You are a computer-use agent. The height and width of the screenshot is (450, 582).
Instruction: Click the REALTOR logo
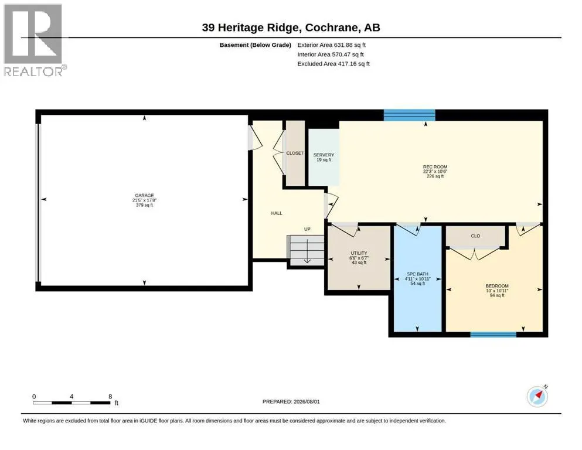35,40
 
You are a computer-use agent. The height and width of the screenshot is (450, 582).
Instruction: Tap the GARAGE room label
144,196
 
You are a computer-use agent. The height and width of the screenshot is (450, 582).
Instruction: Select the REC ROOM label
435,167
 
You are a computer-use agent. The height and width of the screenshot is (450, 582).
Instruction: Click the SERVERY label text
324,155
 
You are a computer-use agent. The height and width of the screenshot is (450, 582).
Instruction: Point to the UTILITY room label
359,253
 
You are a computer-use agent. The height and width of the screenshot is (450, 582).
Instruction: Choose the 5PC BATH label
417,274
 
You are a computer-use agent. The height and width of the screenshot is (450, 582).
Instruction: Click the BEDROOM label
497,286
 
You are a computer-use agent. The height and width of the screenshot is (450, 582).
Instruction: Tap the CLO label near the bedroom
475,236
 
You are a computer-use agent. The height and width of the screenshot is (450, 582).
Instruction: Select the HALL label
277,213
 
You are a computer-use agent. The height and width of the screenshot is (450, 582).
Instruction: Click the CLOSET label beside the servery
295,153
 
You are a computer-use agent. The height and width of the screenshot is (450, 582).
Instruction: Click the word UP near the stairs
307,229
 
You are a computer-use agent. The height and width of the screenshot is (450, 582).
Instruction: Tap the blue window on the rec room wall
410,115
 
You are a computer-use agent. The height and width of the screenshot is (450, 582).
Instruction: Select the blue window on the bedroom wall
493,335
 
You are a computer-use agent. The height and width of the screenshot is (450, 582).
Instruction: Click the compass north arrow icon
537,396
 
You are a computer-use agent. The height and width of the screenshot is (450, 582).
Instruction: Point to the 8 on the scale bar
110,397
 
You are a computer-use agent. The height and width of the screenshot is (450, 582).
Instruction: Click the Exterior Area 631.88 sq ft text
332,45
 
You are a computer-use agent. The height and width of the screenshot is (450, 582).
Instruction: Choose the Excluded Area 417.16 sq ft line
333,64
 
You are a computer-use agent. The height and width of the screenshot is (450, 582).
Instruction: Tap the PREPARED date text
291,402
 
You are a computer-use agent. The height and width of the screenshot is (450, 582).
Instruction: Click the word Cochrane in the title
332,28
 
